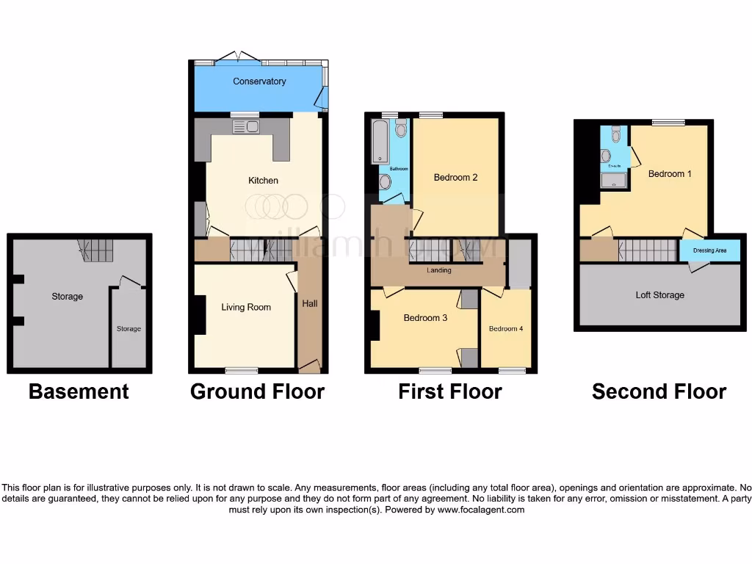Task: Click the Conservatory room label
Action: [x=259, y=82]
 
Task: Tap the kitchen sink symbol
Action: [x=245, y=127]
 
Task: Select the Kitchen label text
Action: [x=263, y=181]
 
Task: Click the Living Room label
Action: [x=246, y=308]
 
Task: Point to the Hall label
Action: [x=310, y=303]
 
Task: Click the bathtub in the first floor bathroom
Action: [x=380, y=141]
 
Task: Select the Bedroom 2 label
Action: [x=455, y=178]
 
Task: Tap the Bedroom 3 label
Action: [x=425, y=318]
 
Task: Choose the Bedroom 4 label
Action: [x=506, y=329]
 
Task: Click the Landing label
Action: [x=439, y=270]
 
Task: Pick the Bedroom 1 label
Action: [x=670, y=174]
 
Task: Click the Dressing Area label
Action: [x=709, y=251]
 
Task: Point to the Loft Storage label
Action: [x=659, y=295]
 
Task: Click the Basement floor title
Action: [x=79, y=392]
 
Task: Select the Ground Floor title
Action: [x=257, y=392]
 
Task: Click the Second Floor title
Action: [x=659, y=392]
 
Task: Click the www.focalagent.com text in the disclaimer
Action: [x=481, y=510]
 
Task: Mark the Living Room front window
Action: [x=241, y=370]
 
